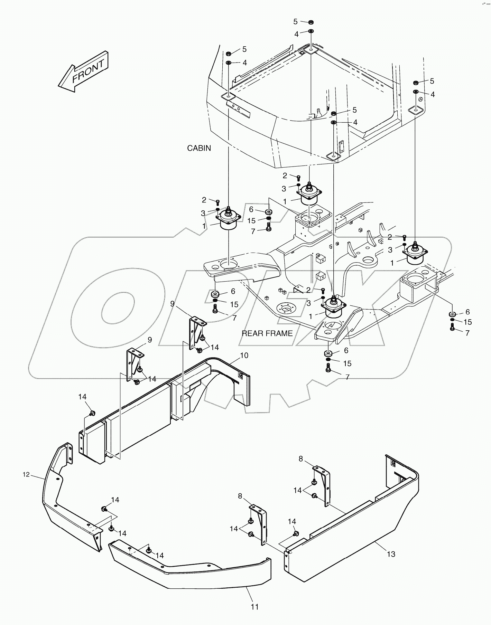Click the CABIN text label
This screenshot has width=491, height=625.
[x=199, y=148]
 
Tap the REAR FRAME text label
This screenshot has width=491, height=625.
[x=267, y=333]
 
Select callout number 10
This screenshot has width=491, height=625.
[x=244, y=355]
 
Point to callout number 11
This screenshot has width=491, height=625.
[x=254, y=607]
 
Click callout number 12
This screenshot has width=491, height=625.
[x=27, y=475]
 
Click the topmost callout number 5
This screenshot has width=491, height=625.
[x=295, y=22]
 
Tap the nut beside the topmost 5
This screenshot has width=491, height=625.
[x=311, y=22]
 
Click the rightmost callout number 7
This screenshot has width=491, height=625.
[x=467, y=333]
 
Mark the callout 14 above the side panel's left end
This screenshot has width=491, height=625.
[x=82, y=397]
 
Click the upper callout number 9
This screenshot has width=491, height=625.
[x=172, y=304]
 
